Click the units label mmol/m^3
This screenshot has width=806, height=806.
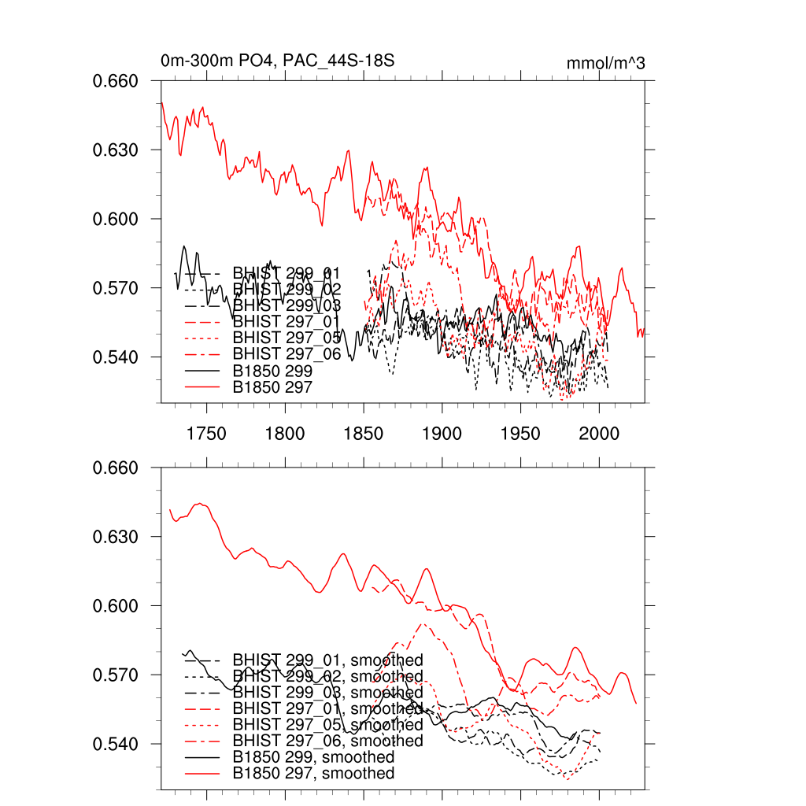606,64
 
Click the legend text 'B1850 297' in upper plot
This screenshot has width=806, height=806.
272,387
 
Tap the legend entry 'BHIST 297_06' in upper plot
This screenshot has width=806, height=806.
287,354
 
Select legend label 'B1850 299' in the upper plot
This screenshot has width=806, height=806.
272,371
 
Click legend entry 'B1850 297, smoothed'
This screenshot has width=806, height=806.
313,774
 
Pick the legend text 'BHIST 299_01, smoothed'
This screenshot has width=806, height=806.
327,660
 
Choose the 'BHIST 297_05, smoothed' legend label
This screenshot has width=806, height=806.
327,724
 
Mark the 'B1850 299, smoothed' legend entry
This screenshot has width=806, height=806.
313,757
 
